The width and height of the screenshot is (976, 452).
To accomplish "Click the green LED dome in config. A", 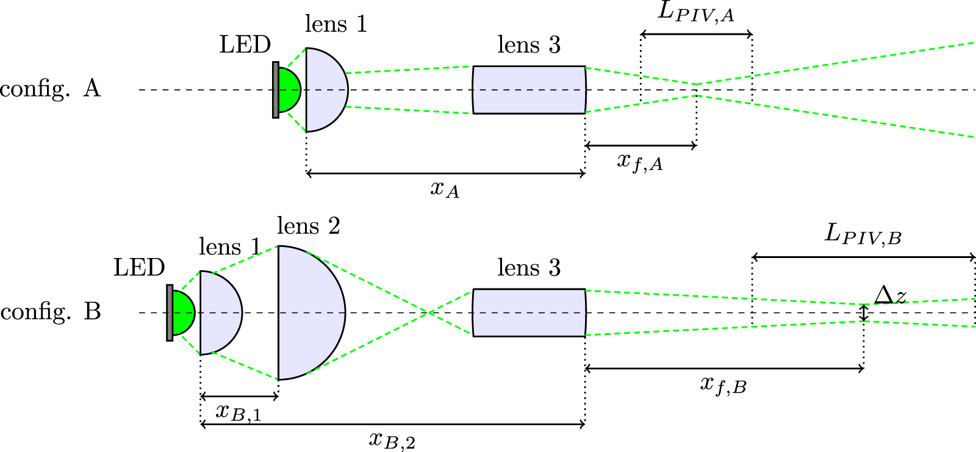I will tap(289, 90).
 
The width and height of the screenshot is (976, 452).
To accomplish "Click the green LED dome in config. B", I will tap(183, 313).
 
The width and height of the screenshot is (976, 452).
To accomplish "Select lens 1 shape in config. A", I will tap(325, 90).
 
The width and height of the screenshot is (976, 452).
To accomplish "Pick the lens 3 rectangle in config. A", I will tap(529, 90).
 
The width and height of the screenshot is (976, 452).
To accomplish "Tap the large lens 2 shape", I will tap(310, 313).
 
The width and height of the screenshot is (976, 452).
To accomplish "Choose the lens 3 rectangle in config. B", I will tap(529, 313).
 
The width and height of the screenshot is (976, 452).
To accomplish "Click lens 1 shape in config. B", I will tap(220, 313).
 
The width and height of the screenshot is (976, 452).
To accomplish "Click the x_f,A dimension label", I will tap(639, 162).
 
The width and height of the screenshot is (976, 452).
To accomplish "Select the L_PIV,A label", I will tap(696, 13).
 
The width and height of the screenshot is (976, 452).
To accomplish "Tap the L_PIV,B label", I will tap(863, 235).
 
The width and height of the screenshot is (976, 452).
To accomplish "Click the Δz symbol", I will tap(890, 296).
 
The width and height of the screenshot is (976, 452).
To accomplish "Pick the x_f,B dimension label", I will tap(723, 385).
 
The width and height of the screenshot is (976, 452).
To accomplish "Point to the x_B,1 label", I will tap(239, 413).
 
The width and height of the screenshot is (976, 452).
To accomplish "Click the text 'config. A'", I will tap(50, 89).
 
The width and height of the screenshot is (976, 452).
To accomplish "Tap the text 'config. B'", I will tap(51, 312).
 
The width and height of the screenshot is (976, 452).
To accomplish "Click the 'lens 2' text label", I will tap(308, 226).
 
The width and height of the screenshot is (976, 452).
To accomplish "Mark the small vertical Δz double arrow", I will tap(863, 313).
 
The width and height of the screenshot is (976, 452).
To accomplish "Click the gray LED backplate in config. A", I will tap(276, 90).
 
